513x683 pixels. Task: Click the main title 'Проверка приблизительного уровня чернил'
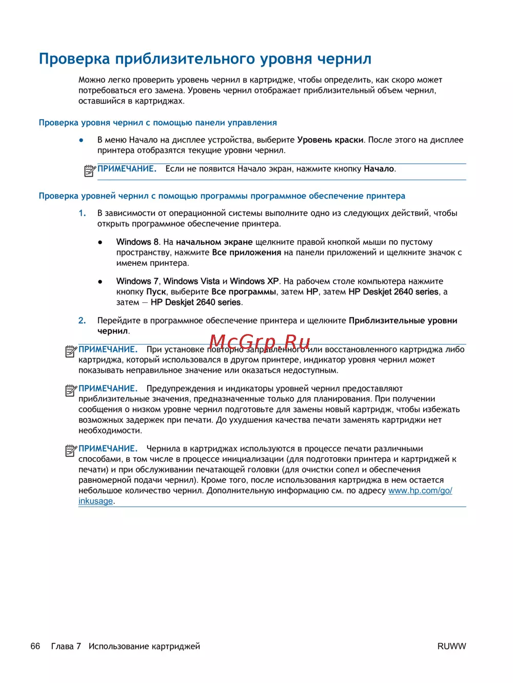point(205,59)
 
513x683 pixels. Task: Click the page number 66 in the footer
point(35,646)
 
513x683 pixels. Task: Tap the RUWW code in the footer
point(451,646)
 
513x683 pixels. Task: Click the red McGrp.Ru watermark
point(260,342)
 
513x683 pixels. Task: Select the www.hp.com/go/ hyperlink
point(420,491)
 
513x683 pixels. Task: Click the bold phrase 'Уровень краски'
point(330,140)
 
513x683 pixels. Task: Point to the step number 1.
point(82,213)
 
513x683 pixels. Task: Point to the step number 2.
point(82,321)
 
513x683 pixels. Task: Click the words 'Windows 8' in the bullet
point(137,242)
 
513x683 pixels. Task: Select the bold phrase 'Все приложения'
point(247,252)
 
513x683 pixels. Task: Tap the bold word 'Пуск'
point(156,292)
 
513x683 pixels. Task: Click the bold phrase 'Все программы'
point(244,292)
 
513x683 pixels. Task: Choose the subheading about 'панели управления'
point(158,123)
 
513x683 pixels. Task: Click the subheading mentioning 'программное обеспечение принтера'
point(222,196)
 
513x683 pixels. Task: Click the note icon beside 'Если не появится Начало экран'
point(90,170)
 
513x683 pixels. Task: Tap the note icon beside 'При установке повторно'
point(71,351)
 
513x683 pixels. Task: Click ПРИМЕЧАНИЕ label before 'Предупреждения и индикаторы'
point(108,388)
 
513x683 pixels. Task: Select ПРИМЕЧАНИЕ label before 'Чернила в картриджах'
point(108,448)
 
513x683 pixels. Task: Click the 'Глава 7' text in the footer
point(66,646)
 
